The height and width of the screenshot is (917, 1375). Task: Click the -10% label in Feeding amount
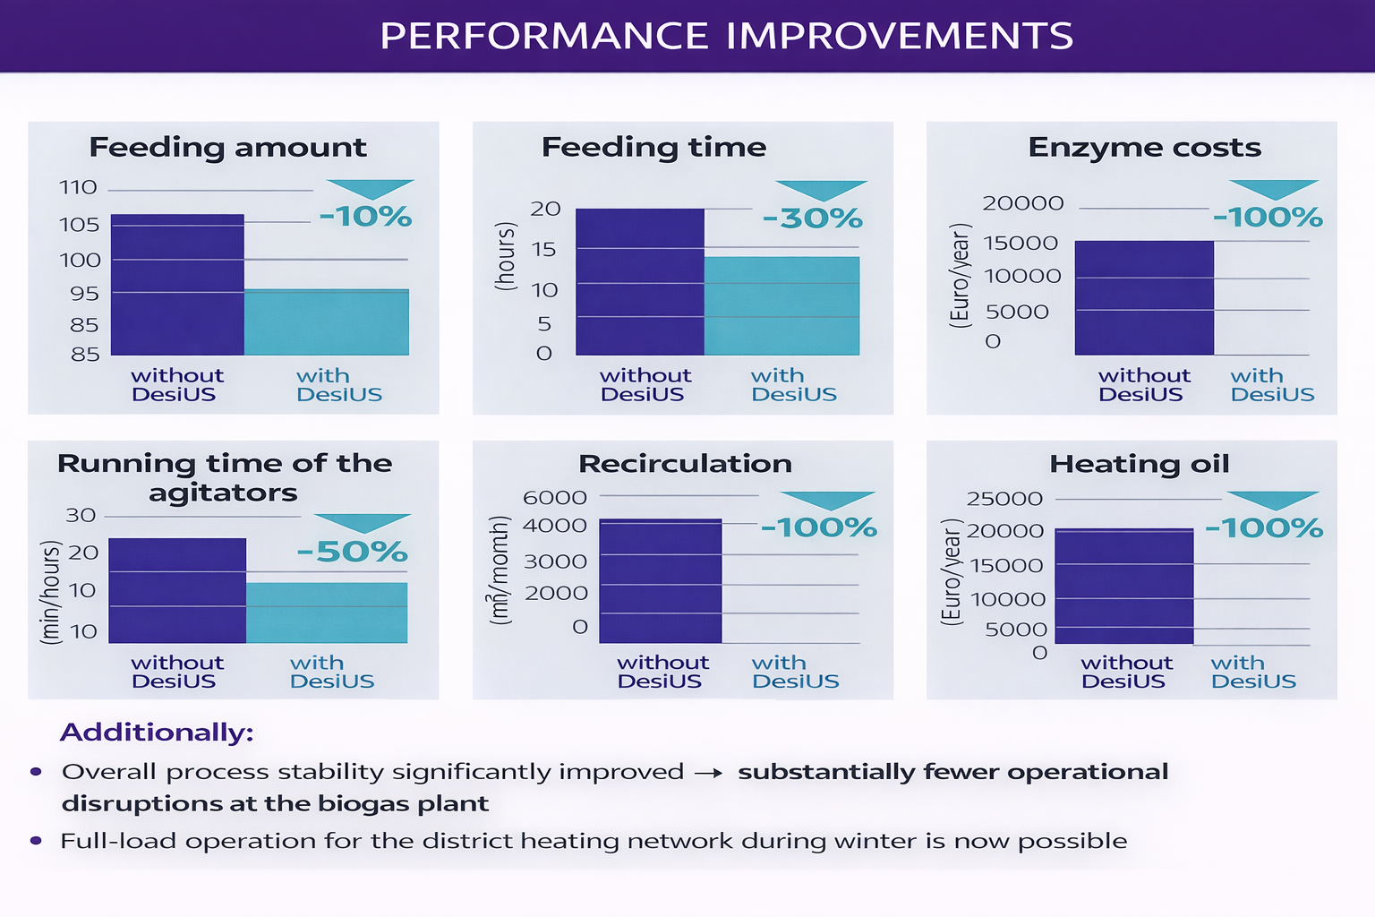(x=365, y=217)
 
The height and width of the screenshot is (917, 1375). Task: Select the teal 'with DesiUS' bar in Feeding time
(x=781, y=305)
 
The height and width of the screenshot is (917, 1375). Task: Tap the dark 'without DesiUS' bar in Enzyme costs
(x=1143, y=297)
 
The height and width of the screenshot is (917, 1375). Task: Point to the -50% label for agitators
(x=353, y=552)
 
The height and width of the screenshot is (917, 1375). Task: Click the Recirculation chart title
(x=685, y=464)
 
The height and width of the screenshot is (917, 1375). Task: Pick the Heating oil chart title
(x=1139, y=464)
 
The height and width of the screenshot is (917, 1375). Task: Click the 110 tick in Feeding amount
(x=78, y=188)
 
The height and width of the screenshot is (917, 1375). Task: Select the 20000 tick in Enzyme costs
(x=1022, y=203)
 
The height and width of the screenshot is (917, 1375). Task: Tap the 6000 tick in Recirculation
(x=554, y=498)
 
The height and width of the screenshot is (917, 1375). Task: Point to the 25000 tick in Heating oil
(x=1004, y=499)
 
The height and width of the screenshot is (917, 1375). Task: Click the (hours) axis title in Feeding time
(x=506, y=257)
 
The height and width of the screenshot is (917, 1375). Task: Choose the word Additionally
(x=157, y=733)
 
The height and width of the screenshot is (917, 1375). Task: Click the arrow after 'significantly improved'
(x=708, y=773)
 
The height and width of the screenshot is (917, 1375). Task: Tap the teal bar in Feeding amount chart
(x=327, y=321)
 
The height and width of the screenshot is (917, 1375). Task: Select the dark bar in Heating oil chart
(x=1123, y=586)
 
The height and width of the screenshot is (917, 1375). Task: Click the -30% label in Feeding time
(x=812, y=219)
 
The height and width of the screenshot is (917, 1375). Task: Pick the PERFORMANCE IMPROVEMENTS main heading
(x=726, y=36)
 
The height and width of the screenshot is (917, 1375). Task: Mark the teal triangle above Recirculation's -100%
(x=827, y=499)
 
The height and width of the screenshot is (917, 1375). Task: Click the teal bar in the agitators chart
(x=327, y=613)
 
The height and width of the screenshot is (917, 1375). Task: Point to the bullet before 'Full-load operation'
(x=36, y=841)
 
